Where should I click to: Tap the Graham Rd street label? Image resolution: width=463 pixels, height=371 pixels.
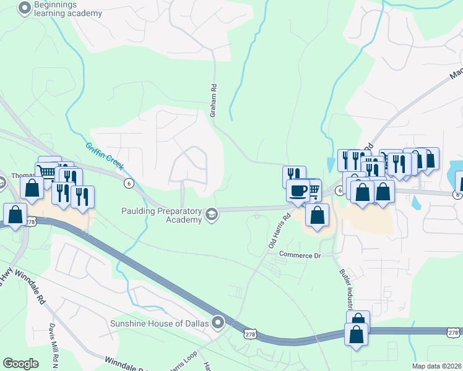(x=213, y=101)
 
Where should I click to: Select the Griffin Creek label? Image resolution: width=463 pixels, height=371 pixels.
(x=105, y=157)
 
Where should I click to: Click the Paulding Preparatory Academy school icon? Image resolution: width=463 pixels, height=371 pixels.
(x=211, y=215)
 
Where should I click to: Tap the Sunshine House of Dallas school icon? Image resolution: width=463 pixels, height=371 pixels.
(x=218, y=322)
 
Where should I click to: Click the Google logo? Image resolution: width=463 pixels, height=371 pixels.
(x=21, y=364)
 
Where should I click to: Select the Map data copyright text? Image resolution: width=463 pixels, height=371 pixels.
(x=437, y=366)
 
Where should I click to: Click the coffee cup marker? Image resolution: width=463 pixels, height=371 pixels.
(x=298, y=190)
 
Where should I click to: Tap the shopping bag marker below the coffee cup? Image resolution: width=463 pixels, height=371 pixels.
(x=317, y=216)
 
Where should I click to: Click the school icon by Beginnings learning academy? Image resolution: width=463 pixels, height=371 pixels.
(x=24, y=8)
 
